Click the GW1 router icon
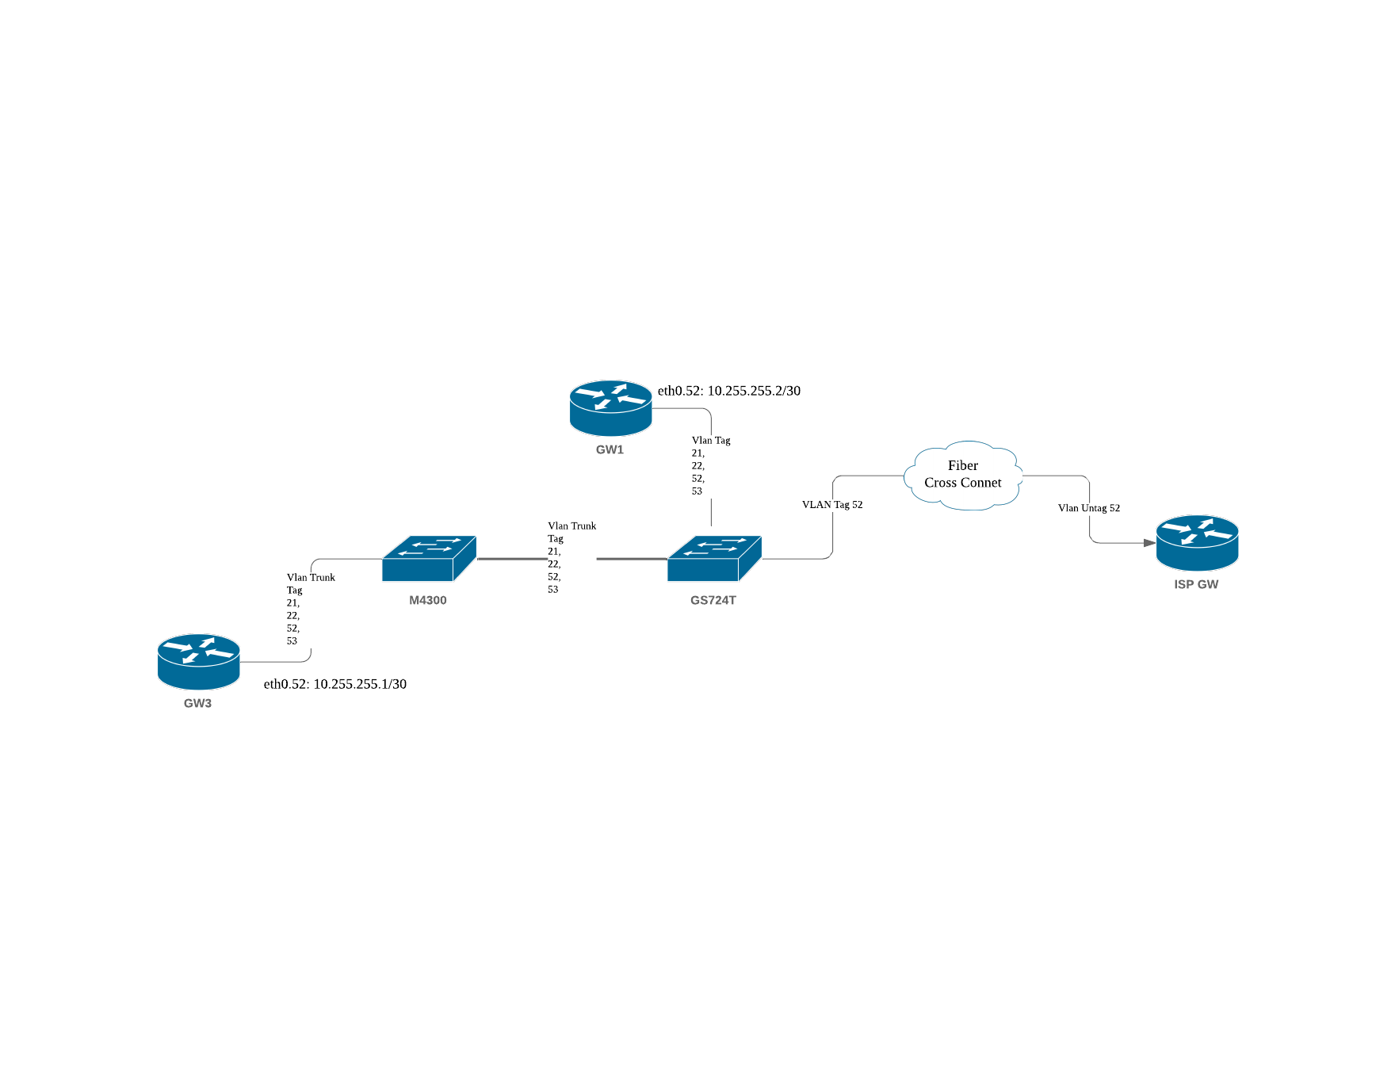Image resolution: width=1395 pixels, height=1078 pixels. [610, 407]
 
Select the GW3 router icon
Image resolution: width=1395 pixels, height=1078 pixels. [198, 661]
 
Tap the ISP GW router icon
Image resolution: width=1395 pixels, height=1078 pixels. [1197, 542]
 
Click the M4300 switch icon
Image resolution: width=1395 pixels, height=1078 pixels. [428, 559]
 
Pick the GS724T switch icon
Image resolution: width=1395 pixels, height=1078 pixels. [713, 559]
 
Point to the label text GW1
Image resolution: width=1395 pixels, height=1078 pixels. [610, 449]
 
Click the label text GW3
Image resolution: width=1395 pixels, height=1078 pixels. [197, 703]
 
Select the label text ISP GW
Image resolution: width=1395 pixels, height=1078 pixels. [1196, 584]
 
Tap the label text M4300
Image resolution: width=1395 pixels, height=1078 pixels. [428, 600]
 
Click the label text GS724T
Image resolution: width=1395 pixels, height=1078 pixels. [713, 600]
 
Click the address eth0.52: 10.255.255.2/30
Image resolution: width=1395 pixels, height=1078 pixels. [729, 391]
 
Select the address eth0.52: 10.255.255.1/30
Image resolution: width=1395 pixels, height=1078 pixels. [335, 684]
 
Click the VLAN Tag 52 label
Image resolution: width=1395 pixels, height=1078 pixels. [832, 505]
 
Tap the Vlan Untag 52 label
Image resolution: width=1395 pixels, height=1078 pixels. [1089, 508]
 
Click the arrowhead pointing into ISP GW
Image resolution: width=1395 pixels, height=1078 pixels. [1149, 543]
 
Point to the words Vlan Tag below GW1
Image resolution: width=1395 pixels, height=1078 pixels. [711, 440]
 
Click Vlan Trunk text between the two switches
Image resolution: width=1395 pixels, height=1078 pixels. [571, 526]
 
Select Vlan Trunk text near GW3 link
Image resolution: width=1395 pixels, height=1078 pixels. [311, 577]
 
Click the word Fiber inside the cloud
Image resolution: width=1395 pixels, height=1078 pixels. [963, 465]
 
